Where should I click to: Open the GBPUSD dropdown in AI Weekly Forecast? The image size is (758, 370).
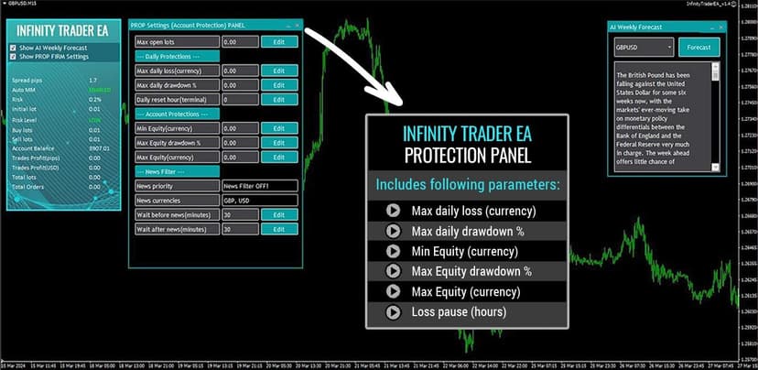(644, 48)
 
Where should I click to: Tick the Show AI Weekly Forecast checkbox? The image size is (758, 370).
(13, 48)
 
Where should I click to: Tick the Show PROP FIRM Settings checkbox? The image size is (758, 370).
(13, 57)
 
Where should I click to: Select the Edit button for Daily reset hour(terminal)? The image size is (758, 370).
(279, 99)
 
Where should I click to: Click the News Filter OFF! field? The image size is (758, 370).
(260, 186)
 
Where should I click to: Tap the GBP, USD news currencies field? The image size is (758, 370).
(260, 200)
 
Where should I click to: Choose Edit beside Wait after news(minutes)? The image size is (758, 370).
(279, 228)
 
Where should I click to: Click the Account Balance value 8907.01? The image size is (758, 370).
(99, 149)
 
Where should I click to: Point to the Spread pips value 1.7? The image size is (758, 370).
(92, 81)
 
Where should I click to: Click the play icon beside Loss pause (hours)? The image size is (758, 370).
(394, 312)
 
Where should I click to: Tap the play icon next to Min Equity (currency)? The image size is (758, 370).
(394, 251)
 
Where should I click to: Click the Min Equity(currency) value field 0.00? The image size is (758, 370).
(240, 128)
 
